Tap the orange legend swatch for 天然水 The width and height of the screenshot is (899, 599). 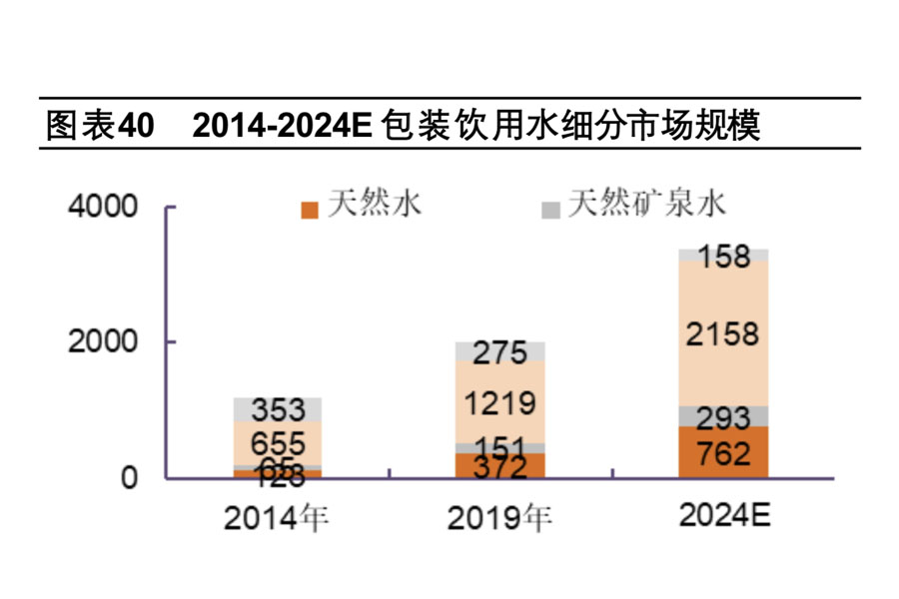pyautogui.click(x=310, y=209)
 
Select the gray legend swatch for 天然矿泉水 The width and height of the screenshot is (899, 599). pyautogui.click(x=549, y=209)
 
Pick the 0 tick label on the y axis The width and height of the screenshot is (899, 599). pyautogui.click(x=129, y=478)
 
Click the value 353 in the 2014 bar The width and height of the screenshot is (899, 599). pyautogui.click(x=278, y=410)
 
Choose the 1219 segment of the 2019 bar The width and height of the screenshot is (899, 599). pyautogui.click(x=500, y=402)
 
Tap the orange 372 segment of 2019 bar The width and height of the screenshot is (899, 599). pyautogui.click(x=500, y=464)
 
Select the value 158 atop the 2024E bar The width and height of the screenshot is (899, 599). pyautogui.click(x=723, y=257)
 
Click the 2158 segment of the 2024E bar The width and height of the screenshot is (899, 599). pyautogui.click(x=723, y=333)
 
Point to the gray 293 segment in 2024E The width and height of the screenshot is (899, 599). pyautogui.click(x=723, y=416)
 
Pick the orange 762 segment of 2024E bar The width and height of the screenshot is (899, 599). pyautogui.click(x=723, y=454)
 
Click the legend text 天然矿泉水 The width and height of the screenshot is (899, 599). pyautogui.click(x=646, y=205)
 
